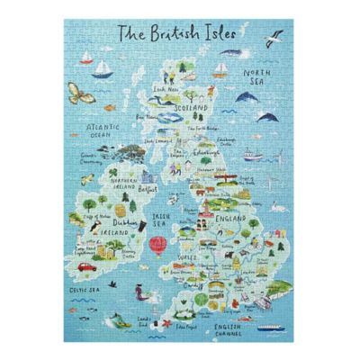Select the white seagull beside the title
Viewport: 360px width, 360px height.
click(274, 37)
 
